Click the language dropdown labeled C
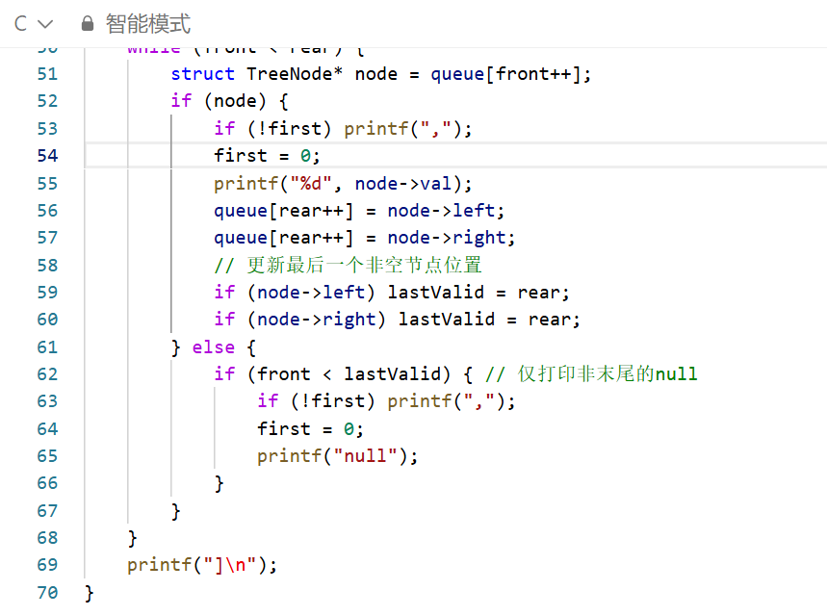pos(34,23)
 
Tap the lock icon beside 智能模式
pos(88,23)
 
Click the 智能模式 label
pos(147,23)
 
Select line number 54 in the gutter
pos(46,155)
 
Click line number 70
pos(46,592)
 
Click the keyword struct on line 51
pos(202,73)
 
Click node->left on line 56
pos(446,210)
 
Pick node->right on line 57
pos(452,237)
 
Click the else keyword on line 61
pos(213,346)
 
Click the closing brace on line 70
pos(90,592)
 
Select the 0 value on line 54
pos(305,155)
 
